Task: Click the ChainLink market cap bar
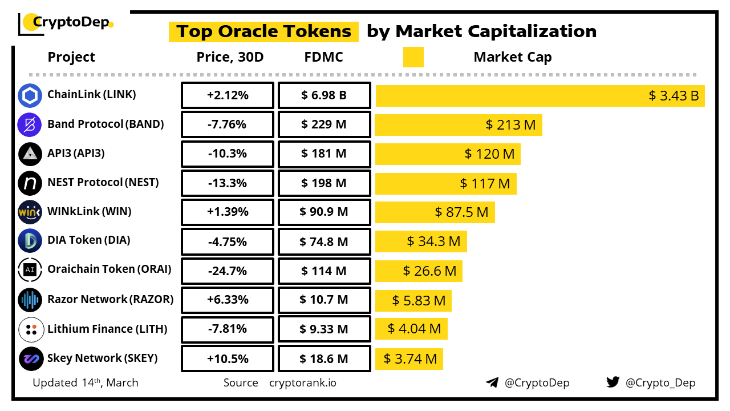click(540, 95)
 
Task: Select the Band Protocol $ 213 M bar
click(459, 124)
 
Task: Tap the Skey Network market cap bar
click(409, 358)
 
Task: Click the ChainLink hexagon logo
click(30, 95)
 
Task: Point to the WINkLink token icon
click(30, 212)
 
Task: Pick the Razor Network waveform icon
click(30, 300)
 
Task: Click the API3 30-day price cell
click(228, 154)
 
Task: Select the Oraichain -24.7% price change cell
click(228, 271)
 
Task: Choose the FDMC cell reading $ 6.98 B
click(324, 95)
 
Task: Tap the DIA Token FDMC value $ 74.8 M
click(324, 241)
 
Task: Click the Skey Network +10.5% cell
click(228, 358)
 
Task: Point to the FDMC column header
click(324, 57)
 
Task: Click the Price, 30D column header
click(230, 57)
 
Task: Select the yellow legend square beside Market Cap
click(413, 57)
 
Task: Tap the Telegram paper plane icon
click(492, 382)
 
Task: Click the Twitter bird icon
click(613, 382)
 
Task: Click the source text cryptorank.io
click(303, 382)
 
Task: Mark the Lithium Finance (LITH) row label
click(107, 329)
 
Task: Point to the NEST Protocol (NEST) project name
click(103, 183)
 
